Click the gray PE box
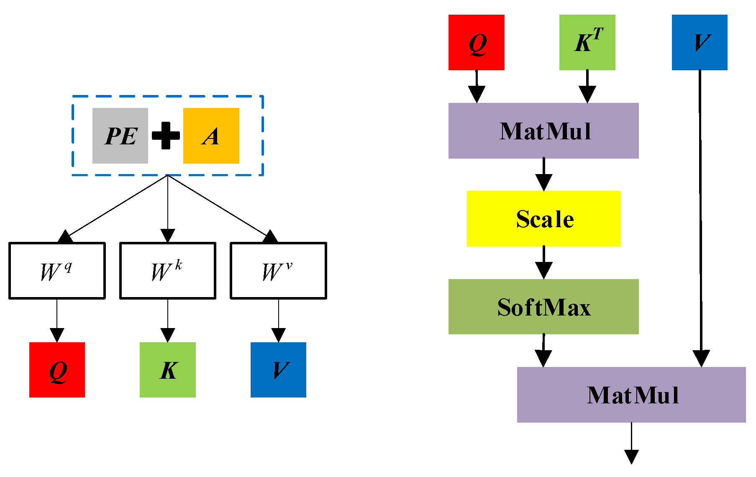point(120,136)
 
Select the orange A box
point(211,136)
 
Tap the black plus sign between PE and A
point(166,136)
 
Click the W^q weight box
point(57,271)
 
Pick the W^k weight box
point(167,271)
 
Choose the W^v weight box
point(278,271)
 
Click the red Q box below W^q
point(57,370)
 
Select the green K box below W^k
point(167,370)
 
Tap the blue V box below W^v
point(278,370)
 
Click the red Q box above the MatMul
point(476,42)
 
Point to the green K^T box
point(587,42)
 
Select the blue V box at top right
point(699,42)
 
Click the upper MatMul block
point(543,131)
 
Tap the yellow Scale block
point(543,218)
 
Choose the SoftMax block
point(543,307)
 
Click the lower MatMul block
point(631,395)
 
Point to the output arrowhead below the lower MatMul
point(631,456)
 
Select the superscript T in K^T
point(598,33)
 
